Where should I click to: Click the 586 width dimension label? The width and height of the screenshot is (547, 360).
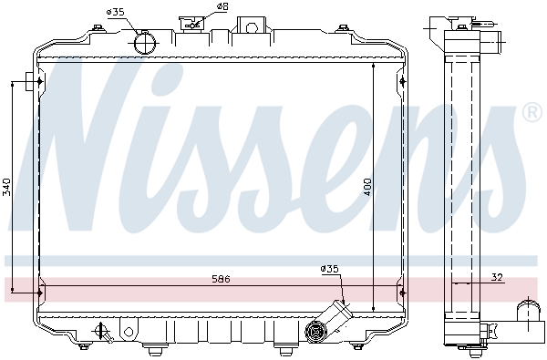pos(221,279)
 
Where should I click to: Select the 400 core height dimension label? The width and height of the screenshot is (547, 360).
pos(367,187)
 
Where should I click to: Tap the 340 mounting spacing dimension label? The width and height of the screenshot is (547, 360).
pos(6,187)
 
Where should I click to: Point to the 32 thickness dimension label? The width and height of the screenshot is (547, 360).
pos(497,277)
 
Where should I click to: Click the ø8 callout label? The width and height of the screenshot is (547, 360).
pos(222,6)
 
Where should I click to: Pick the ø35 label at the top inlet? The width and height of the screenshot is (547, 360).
pos(116,12)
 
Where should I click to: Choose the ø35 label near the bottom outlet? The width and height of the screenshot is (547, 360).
pos(330,269)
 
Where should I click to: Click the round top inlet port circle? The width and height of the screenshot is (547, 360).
pos(144,44)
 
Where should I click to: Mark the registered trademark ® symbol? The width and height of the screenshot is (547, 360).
pos(533,113)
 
